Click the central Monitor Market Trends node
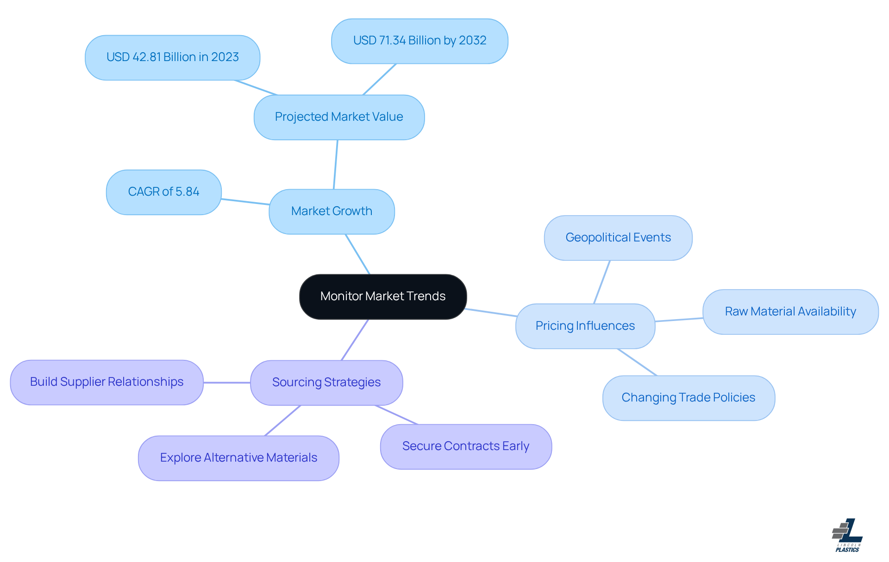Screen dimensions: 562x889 [383, 296]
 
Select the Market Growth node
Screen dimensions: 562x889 [332, 211]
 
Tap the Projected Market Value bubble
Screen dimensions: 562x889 [339, 117]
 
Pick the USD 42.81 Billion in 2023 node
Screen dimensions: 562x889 [172, 57]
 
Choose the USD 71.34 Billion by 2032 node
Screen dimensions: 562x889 [419, 41]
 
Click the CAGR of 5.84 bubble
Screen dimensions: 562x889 [163, 192]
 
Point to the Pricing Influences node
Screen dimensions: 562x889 [585, 326]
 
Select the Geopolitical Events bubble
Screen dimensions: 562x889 [618, 238]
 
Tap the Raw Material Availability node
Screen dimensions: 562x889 [790, 312]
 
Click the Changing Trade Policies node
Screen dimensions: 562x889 [689, 398]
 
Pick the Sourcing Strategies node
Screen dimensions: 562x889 [326, 383]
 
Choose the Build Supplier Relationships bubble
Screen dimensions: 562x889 [106, 382]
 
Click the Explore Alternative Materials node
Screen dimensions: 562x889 [238, 458]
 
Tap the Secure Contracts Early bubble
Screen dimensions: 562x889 [466, 446]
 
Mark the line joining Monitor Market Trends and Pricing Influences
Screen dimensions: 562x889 [491, 312]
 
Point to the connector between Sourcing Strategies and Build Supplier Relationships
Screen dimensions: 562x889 [227, 383]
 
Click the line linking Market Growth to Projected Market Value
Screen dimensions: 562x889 [336, 164]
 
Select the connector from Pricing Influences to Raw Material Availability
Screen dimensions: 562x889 [679, 320]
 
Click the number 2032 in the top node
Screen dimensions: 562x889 [473, 41]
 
